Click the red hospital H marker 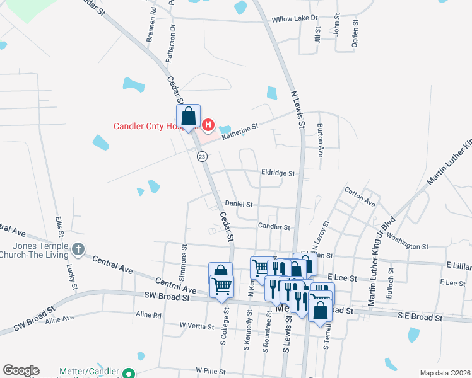[208, 124]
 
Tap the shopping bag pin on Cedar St [189, 117]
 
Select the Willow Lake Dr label [294, 20]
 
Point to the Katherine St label [240, 131]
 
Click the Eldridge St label [278, 173]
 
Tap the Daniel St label [239, 204]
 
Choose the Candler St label [274, 226]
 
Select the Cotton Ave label [360, 197]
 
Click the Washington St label [408, 243]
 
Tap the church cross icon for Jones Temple [78, 249]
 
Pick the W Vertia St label [198, 325]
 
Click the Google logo [21, 370]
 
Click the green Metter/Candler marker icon [129, 373]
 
